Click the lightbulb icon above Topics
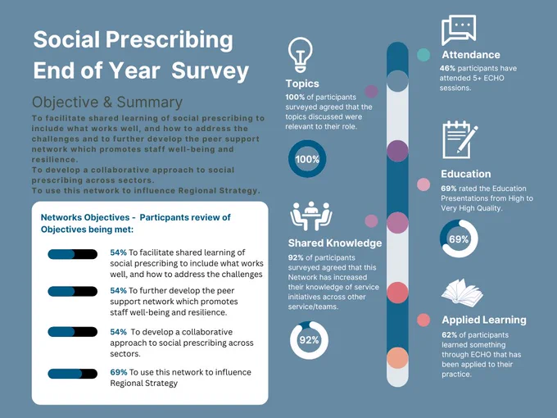point(300,55)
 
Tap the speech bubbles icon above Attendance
point(459,30)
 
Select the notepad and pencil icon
point(460,139)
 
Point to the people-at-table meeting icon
point(311,216)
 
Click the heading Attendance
point(471,55)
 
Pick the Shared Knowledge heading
point(335,243)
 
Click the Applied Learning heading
point(484,320)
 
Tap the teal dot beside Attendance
point(423,55)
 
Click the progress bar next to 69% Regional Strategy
point(72,374)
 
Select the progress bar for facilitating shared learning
point(72,254)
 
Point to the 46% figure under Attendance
point(447,68)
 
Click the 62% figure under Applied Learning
point(450,335)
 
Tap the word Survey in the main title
point(210,70)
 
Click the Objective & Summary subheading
point(107,102)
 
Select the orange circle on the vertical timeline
point(397,358)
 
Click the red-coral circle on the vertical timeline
point(397,293)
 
